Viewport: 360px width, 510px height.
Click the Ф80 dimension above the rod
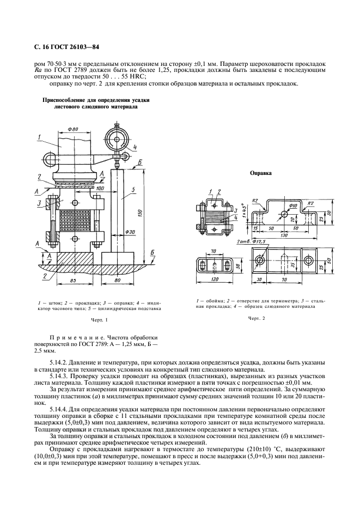click(74, 129)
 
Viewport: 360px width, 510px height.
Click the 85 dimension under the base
click(73, 281)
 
